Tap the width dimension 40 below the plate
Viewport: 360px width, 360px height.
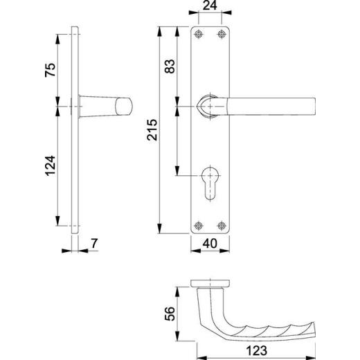coord(211,244)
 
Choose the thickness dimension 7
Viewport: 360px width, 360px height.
coord(95,243)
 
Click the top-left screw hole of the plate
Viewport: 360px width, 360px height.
coord(199,35)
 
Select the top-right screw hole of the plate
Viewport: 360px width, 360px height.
coord(222,35)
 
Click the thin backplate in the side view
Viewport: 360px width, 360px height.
coord(74,132)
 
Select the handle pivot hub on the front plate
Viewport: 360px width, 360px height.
coord(210,105)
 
